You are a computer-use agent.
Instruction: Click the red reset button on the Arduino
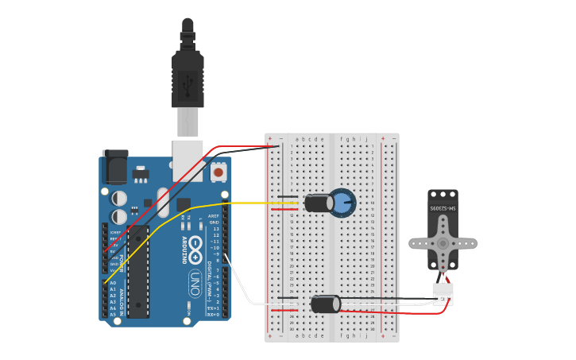(x=218, y=171)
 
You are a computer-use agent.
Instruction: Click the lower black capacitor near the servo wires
(x=325, y=304)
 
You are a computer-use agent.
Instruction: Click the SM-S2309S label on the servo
(x=443, y=207)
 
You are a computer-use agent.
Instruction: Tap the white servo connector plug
(x=443, y=293)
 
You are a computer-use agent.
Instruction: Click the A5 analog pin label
(x=112, y=315)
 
